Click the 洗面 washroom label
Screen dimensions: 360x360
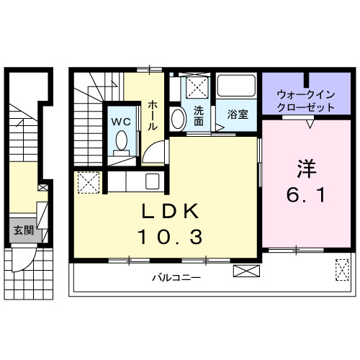198,114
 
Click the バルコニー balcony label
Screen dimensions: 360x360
176,277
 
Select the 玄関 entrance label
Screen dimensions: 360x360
22,230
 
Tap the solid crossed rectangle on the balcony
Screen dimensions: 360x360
245,272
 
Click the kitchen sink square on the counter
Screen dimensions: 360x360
152,181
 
